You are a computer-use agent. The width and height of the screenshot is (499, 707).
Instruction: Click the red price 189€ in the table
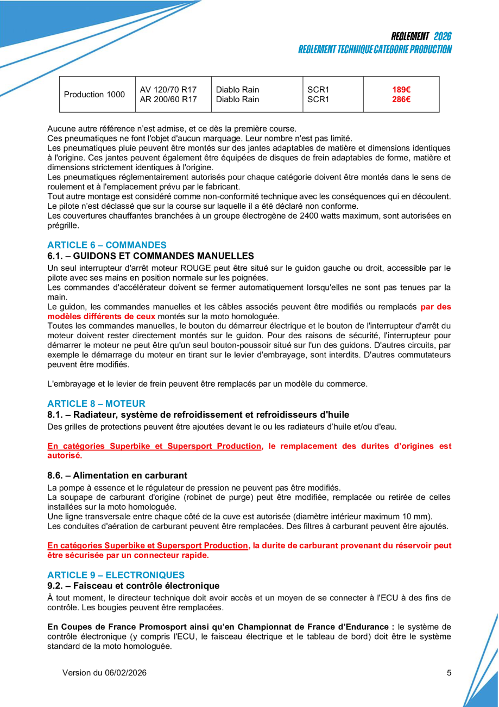point(401,90)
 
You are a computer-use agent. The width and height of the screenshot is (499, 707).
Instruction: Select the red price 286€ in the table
point(401,100)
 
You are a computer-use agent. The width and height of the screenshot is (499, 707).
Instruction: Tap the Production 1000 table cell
point(94,95)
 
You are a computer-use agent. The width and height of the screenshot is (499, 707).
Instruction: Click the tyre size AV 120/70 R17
point(168,90)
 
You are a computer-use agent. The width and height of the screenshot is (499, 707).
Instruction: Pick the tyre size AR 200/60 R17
point(168,100)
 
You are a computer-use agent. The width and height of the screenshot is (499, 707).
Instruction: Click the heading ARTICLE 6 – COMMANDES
point(107,245)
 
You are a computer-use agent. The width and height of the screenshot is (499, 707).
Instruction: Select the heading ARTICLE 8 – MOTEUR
point(97,404)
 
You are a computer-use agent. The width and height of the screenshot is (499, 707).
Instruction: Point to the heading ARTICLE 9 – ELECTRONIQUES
point(116,575)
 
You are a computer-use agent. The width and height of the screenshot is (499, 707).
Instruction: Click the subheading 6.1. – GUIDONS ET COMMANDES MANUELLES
point(150,256)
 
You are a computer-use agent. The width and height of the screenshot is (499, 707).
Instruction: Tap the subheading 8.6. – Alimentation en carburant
point(117,475)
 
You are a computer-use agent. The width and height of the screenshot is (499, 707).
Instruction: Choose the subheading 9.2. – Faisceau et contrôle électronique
point(134,586)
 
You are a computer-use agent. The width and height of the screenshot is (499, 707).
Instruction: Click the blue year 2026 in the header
point(443,36)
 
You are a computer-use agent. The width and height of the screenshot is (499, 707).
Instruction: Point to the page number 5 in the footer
point(449,673)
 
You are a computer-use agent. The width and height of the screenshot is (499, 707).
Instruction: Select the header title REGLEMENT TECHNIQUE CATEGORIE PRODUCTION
point(375,49)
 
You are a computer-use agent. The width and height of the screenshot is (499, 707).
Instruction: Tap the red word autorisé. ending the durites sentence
point(65,455)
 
